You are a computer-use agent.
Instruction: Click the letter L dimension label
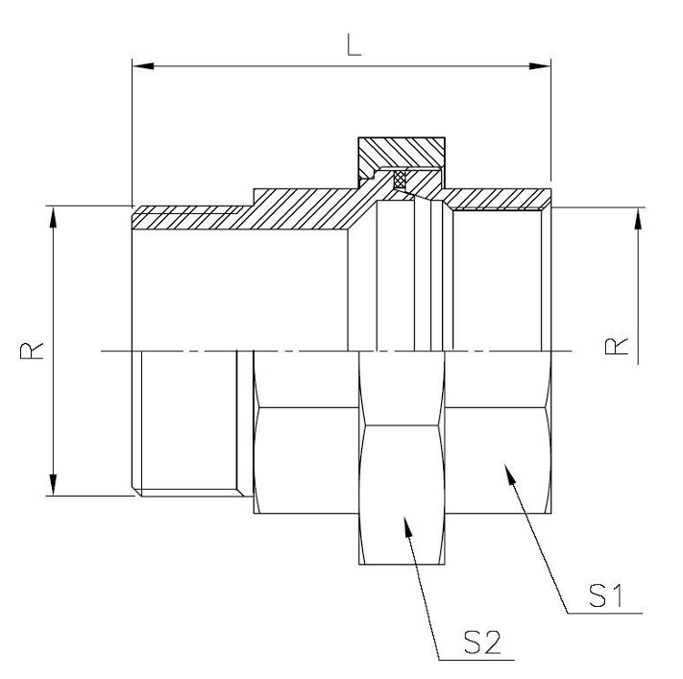[354, 46]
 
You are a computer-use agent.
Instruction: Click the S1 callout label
[606, 595]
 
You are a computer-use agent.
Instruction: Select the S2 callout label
[482, 643]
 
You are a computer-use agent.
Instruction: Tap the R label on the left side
[32, 351]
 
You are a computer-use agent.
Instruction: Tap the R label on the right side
[617, 347]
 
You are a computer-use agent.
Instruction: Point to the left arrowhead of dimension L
[143, 66]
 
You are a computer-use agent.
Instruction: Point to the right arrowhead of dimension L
[540, 66]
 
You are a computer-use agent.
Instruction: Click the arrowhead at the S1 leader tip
[510, 473]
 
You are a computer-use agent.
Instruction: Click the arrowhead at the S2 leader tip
[407, 526]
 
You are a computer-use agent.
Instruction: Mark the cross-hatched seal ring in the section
[400, 179]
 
